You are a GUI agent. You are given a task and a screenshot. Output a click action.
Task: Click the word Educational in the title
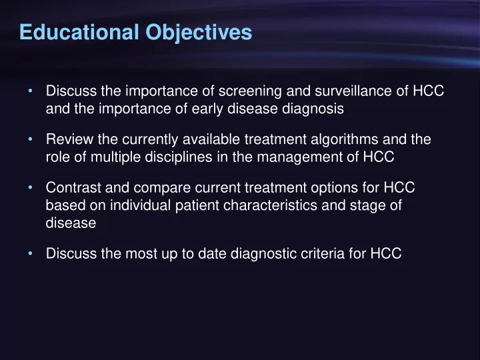(79, 32)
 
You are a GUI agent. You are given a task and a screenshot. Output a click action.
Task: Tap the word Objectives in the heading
(199, 33)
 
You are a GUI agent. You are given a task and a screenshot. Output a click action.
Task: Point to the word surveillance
(353, 91)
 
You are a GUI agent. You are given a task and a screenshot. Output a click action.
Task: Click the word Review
(69, 139)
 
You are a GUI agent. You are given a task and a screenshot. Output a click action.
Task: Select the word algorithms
(345, 139)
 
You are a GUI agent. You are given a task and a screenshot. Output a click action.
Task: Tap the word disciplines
(179, 157)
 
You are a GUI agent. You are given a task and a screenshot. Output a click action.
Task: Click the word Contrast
(73, 187)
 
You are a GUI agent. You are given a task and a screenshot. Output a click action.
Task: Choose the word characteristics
(270, 205)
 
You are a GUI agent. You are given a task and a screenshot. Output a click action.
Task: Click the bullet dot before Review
(30, 139)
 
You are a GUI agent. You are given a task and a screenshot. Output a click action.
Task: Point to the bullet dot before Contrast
(30, 187)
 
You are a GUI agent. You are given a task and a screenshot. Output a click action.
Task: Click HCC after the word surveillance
(428, 91)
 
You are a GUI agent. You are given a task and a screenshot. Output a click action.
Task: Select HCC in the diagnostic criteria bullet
(386, 254)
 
